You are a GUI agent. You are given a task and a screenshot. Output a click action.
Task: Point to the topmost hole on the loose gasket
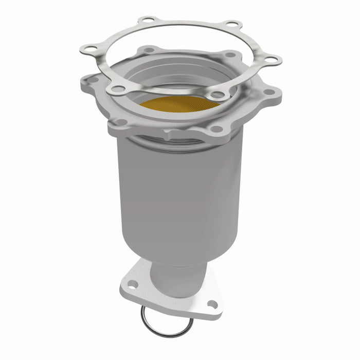click(x=148, y=21)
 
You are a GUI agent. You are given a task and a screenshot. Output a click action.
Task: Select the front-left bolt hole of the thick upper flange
click(x=121, y=122)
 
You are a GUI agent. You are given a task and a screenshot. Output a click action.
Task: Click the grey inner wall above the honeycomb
click(x=170, y=77)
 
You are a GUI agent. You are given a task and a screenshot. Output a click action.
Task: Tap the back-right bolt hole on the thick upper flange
click(x=230, y=54)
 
